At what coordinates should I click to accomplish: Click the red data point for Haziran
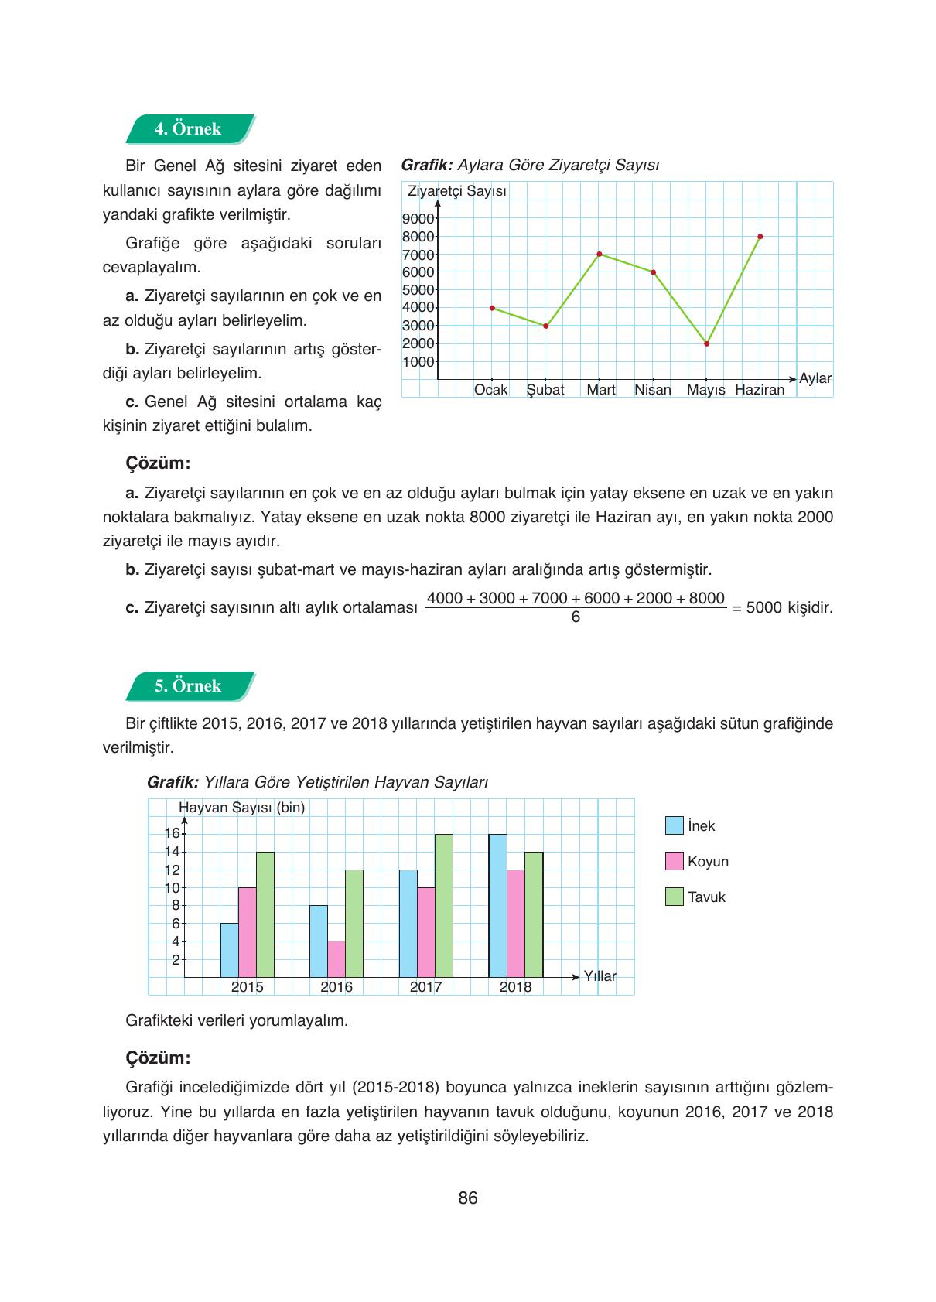click(760, 237)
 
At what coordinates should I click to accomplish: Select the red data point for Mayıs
click(707, 343)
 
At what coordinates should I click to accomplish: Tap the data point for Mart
click(600, 254)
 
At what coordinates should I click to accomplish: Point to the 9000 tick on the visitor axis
click(418, 219)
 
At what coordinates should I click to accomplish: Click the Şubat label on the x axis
click(545, 390)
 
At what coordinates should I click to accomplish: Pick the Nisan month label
click(653, 390)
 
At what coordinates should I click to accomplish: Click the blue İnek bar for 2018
click(498, 905)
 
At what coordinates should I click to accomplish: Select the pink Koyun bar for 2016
click(336, 959)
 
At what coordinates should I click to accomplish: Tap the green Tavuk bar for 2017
click(444, 905)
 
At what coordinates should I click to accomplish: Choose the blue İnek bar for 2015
click(230, 950)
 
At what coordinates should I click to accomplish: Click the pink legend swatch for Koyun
click(675, 861)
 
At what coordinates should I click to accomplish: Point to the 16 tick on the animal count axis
click(173, 833)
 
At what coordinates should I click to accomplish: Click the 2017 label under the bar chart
click(425, 987)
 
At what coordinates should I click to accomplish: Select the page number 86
click(468, 1198)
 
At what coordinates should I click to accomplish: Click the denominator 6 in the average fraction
click(576, 617)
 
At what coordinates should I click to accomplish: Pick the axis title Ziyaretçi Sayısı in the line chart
click(457, 191)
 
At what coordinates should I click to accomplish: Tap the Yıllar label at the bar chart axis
click(600, 976)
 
